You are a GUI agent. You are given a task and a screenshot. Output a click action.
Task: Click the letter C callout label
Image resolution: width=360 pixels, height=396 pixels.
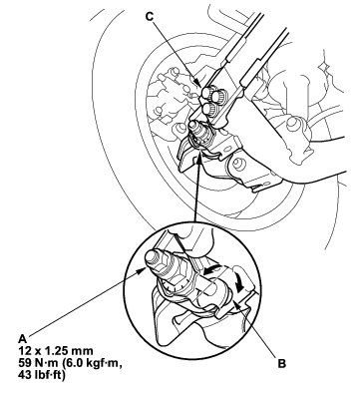pos(150,16)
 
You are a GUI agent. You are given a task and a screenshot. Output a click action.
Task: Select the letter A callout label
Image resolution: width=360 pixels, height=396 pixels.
pos(22,339)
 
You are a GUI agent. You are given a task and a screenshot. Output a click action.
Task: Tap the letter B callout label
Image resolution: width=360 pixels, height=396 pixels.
pos(281,364)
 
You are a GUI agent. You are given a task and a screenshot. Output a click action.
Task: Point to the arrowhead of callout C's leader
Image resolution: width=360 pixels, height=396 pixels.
pos(197,83)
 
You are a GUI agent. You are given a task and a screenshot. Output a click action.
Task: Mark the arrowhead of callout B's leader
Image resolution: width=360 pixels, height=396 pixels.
pos(234,302)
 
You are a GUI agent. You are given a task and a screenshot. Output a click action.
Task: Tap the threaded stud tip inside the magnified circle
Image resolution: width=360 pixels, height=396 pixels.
pos(153,256)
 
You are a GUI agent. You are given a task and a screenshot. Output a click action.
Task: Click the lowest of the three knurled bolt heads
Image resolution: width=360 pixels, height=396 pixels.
pos(207,108)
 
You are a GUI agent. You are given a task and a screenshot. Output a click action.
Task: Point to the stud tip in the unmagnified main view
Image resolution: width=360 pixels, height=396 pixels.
pos(192,126)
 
